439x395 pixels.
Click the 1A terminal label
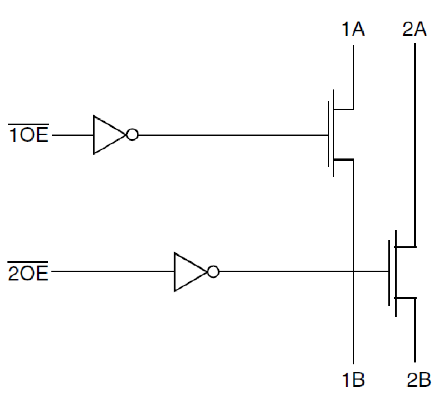353,29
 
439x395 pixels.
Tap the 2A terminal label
415,29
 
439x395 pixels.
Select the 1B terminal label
353,379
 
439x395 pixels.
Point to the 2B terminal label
418,379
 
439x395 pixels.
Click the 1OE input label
28,135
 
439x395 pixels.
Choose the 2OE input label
28,273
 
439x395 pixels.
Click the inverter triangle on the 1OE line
107,135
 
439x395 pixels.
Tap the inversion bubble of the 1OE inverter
132,135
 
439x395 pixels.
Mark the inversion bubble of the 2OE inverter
213,272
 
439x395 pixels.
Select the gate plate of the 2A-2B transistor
389,273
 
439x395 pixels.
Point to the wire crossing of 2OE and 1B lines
353,271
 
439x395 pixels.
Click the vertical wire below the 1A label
353,77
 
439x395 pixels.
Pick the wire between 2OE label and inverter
112,271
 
